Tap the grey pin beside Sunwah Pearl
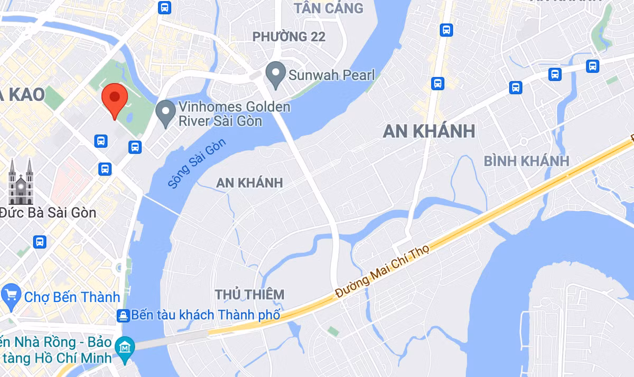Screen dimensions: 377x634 click(275, 74)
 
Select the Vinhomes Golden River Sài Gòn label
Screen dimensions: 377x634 click(235, 114)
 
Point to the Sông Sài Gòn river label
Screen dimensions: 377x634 click(197, 164)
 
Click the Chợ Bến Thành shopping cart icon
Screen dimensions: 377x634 click(11, 297)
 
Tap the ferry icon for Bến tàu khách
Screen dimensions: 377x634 click(123, 316)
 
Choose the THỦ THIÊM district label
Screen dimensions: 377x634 click(249, 294)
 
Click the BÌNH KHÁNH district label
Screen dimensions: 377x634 click(526, 161)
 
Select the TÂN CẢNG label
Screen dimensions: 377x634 click(329, 8)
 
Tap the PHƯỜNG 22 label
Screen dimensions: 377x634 click(289, 37)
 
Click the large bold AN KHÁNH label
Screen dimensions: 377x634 click(429, 131)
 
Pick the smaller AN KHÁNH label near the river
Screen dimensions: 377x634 click(249, 183)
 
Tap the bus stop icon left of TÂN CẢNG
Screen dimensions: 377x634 click(165, 7)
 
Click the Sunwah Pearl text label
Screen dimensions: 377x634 click(331, 74)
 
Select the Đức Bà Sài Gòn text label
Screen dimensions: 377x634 click(49, 213)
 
